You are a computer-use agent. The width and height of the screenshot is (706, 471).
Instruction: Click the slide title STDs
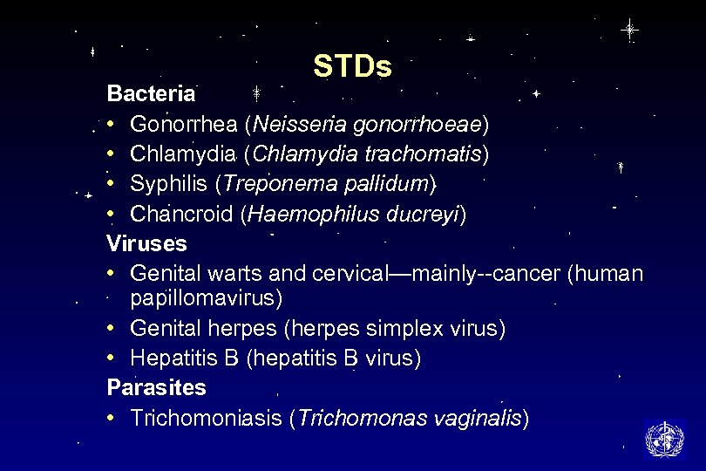tap(352, 66)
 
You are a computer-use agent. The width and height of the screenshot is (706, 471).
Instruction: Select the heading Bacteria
tap(152, 93)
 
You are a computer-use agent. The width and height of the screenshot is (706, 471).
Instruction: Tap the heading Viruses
tap(146, 242)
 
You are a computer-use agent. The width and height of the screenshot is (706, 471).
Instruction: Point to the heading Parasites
tap(156, 386)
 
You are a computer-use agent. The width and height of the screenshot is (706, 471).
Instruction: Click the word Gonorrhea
tap(183, 124)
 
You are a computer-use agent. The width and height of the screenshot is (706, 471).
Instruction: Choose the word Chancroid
tap(180, 215)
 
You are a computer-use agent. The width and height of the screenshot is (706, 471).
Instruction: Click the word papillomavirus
tap(206, 298)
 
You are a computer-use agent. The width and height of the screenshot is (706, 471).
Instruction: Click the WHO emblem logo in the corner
tap(665, 438)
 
